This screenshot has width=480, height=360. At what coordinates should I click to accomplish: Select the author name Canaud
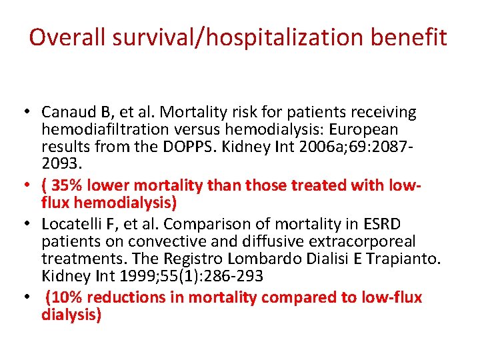coord(65,112)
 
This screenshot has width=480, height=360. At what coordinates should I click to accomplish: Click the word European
coord(361,129)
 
